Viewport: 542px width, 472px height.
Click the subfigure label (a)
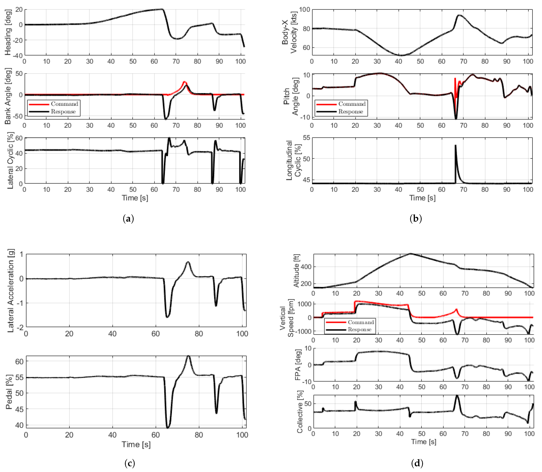pos(128,219)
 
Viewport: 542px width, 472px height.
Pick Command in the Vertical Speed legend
pos(361,322)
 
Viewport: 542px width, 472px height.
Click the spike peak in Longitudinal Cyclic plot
pos(455,145)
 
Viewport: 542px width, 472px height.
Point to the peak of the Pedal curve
pos(188,356)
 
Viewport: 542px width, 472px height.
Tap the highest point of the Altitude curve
pos(411,254)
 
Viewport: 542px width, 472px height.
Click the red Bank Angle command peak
pos(184,82)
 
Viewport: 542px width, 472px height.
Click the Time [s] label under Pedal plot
pos(136,445)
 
